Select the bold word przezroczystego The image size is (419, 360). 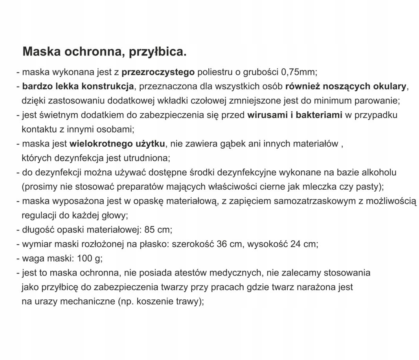pyautogui.click(x=158, y=72)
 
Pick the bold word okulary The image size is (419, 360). pyautogui.click(x=387, y=86)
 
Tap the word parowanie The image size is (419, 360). pyautogui.click(x=377, y=101)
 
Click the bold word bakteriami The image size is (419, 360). pyautogui.click(x=319, y=115)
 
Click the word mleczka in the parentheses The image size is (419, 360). pyautogui.click(x=312, y=186)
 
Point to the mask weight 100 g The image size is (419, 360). pyautogui.click(x=89, y=258)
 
